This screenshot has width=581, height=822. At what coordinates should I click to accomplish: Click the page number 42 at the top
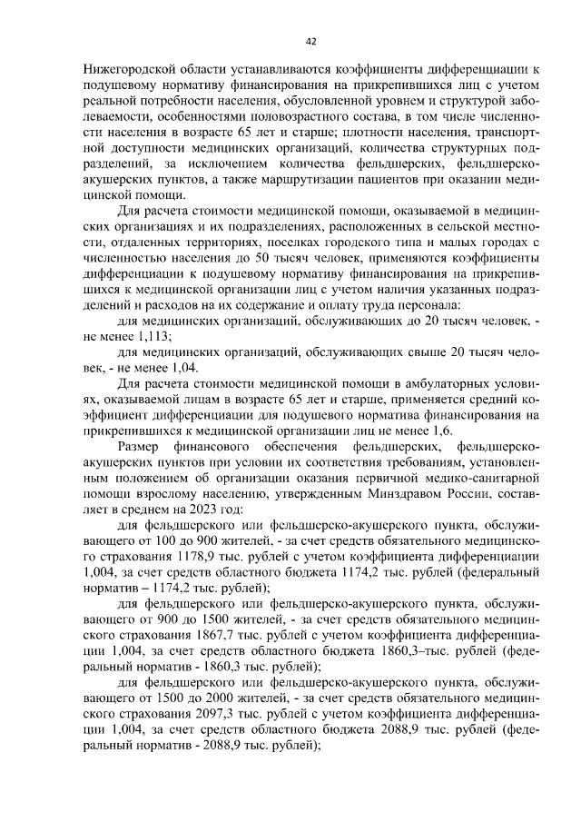pyautogui.click(x=310, y=41)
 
